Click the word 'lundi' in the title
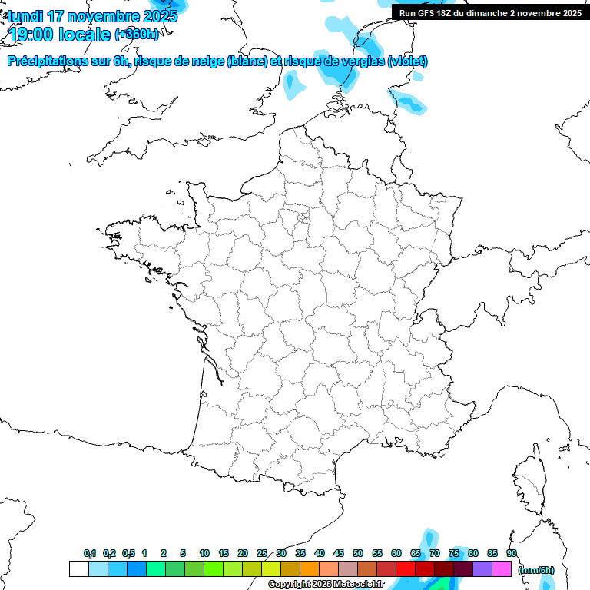pyautogui.click(x=25, y=16)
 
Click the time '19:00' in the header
pyautogui.click(x=31, y=35)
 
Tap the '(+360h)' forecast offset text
pyautogui.click(x=138, y=35)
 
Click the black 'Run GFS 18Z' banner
pyautogui.click(x=490, y=13)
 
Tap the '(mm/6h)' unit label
pyautogui.click(x=536, y=569)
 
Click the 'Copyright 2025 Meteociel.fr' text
pyautogui.click(x=326, y=585)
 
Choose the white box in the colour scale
pyautogui.click(x=78, y=569)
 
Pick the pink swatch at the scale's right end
pyautogui.click(x=502, y=569)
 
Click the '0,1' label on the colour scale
pyautogui.click(x=90, y=554)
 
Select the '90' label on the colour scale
pyautogui.click(x=512, y=554)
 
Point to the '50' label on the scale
pyautogui.click(x=358, y=554)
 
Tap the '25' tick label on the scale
pyautogui.click(x=262, y=554)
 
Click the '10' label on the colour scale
pyautogui.click(x=204, y=554)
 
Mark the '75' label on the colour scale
pyautogui.click(x=454, y=554)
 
